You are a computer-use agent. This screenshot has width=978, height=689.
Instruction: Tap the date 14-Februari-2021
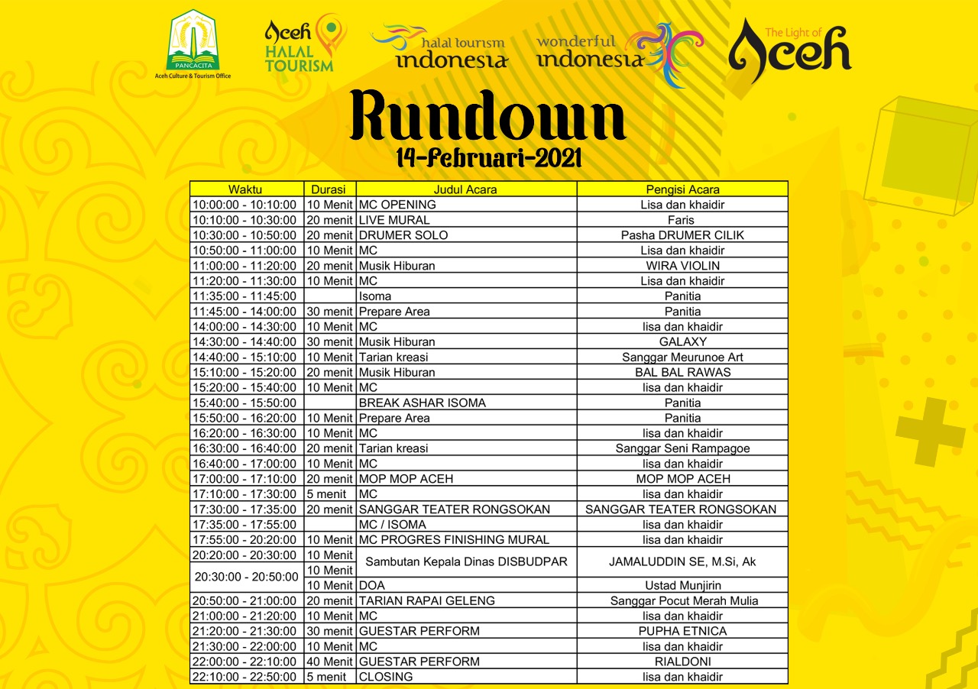[x=489, y=157]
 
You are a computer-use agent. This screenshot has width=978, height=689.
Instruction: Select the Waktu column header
[x=247, y=189]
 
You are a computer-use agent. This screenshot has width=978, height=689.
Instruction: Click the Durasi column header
[x=329, y=189]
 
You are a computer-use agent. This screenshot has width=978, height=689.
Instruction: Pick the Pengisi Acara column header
[x=682, y=189]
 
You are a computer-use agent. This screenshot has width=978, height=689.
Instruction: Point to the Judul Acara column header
[x=465, y=189]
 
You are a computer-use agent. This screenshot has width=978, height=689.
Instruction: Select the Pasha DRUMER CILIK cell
[x=682, y=235]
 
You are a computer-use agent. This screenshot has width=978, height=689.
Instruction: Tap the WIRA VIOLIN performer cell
[x=682, y=266]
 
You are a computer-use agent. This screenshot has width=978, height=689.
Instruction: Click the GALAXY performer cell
[x=682, y=342]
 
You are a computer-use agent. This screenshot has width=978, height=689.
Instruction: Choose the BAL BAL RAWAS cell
[x=682, y=373]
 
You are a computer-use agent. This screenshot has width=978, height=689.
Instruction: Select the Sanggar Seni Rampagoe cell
[x=682, y=448]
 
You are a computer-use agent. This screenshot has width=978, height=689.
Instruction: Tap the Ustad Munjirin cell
[x=682, y=585]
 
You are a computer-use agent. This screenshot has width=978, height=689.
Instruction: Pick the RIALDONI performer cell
[x=682, y=662]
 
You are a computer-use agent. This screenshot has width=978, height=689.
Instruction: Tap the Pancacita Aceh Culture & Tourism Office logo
[x=193, y=44]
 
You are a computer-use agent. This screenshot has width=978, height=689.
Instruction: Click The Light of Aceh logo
[x=789, y=50]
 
